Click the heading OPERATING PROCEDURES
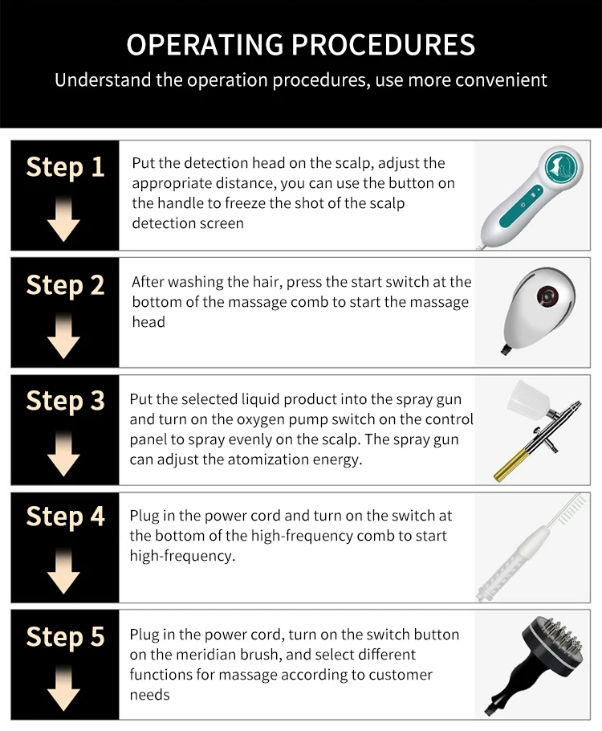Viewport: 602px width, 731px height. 300,45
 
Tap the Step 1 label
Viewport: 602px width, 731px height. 65,167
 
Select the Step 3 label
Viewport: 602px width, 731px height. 65,401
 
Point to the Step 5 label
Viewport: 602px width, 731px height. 65,637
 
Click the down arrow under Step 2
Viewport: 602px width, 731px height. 64,336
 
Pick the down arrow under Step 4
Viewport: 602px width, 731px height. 64,570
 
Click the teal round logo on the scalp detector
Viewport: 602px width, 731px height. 561,168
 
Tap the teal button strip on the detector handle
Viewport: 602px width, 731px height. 522,206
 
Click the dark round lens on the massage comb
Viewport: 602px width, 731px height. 547,295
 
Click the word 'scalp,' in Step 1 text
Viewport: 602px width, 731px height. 354,163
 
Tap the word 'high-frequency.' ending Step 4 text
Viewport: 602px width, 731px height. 182,556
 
